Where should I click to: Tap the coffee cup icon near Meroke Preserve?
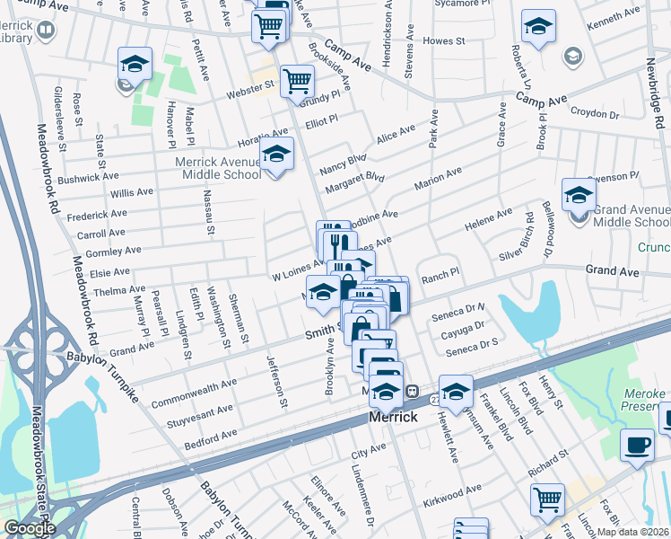pos(638,444)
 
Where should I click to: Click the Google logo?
pos(29,527)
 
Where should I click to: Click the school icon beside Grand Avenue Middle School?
pos(579,194)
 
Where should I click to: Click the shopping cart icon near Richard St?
pos(547,499)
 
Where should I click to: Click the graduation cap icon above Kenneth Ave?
pos(538,25)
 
